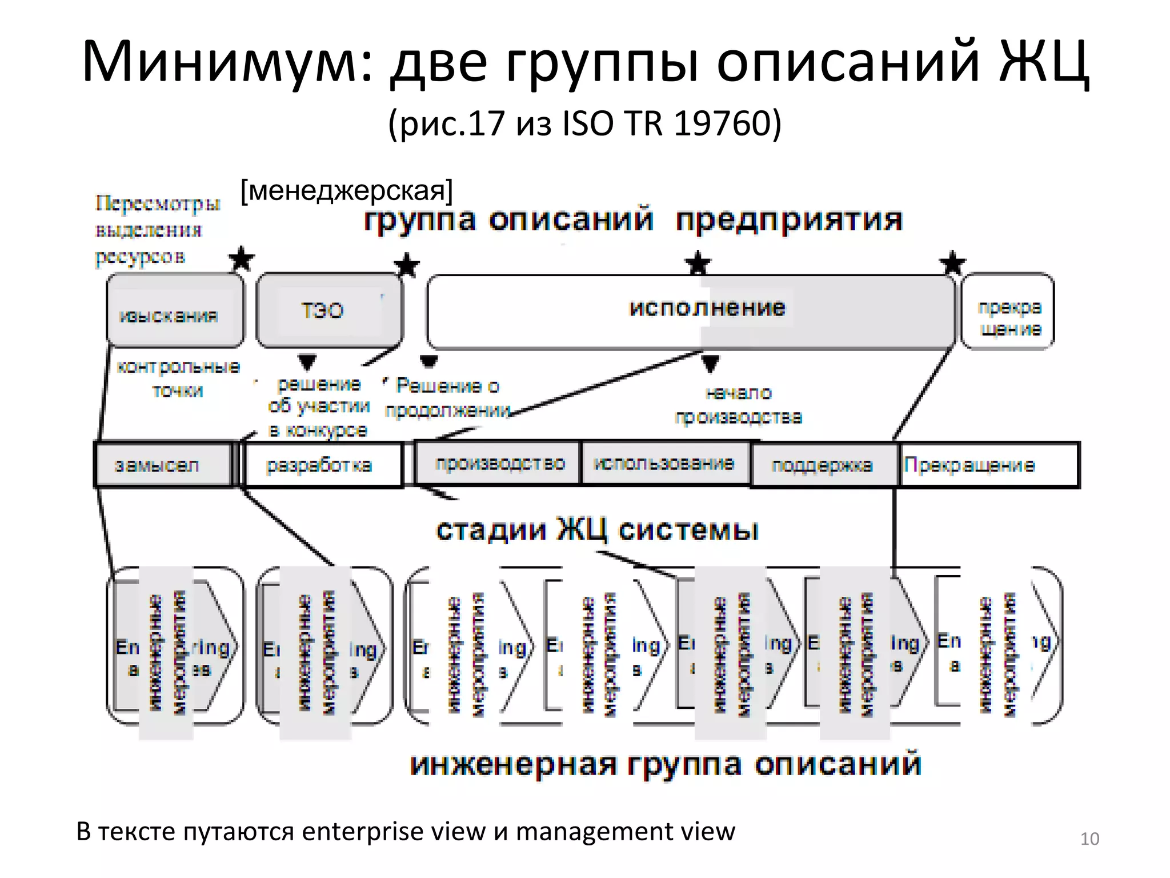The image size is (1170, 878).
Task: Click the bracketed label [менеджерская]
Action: click(x=346, y=190)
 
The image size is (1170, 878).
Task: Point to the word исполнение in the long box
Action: click(x=707, y=308)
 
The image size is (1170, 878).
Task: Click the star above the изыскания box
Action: click(x=242, y=260)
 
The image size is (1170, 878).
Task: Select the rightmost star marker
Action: click(x=952, y=264)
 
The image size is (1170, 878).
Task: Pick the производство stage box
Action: click(x=499, y=464)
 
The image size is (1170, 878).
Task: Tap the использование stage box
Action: click(x=664, y=464)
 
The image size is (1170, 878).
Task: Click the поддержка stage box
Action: click(x=822, y=465)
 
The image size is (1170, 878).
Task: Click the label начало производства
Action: click(x=738, y=405)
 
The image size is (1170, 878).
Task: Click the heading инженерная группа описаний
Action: click(x=666, y=764)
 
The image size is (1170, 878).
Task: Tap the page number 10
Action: click(x=1089, y=839)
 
